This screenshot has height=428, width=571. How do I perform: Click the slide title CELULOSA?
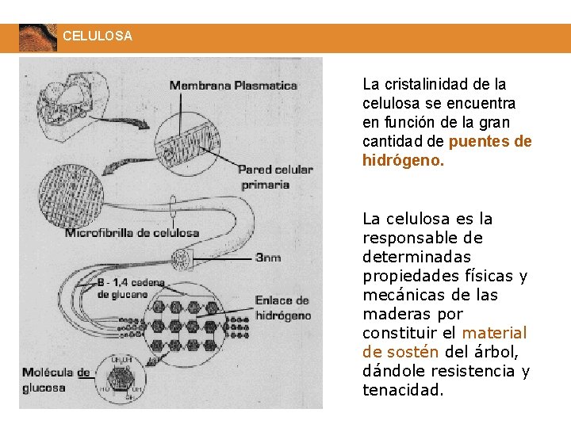98,36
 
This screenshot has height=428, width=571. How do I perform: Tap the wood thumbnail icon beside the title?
37,37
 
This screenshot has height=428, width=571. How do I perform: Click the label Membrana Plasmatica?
233,85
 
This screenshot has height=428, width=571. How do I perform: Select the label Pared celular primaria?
275,176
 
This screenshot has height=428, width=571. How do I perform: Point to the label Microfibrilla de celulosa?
132,232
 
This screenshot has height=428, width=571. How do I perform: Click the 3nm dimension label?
267,258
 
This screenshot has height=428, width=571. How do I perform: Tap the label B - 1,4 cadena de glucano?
131,288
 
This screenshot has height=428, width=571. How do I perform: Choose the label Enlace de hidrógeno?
282,308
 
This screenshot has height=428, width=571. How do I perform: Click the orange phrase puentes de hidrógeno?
447,151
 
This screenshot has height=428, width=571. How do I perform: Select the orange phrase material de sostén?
444,342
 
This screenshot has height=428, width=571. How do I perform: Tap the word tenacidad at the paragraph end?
403,390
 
